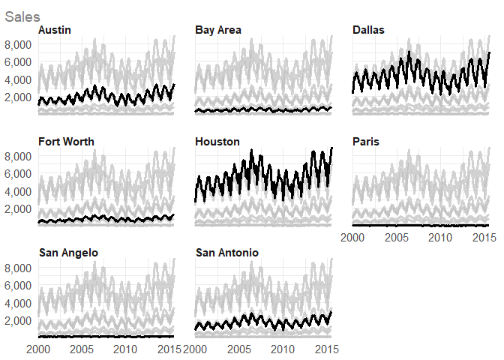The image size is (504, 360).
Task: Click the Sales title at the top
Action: click(22, 15)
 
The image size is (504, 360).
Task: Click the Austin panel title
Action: click(55, 30)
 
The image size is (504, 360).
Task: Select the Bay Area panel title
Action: click(217, 30)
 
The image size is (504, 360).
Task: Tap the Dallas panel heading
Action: click(368, 30)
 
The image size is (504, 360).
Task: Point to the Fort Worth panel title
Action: click(65, 142)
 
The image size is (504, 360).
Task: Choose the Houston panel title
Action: click(217, 142)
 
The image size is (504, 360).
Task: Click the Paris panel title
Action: click(366, 142)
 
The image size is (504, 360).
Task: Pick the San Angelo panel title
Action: click(68, 253)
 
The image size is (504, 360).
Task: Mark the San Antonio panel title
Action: click(227, 253)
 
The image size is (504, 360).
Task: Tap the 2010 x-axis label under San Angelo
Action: click(125, 349)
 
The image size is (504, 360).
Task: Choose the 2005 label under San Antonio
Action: click(238, 349)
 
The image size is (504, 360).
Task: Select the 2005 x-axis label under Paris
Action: click(396, 238)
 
